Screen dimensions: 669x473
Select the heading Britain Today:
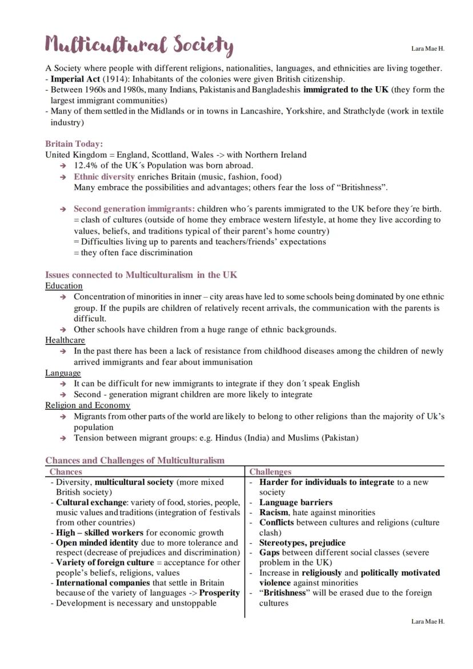74,144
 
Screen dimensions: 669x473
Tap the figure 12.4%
86,166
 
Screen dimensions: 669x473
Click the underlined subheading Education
64,286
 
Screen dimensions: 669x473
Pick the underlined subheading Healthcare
65,340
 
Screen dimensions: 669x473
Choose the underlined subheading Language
63,373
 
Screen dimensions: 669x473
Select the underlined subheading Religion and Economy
87,406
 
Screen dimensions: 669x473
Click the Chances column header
66,472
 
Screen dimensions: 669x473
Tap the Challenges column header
270,472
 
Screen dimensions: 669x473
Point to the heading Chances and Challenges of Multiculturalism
135,460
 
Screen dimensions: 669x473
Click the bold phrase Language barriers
295,503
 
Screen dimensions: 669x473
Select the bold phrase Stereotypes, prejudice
302,543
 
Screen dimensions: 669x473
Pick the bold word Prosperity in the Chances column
219,593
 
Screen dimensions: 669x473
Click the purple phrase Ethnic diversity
104,177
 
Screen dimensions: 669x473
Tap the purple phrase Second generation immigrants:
134,209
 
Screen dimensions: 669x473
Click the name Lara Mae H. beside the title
427,49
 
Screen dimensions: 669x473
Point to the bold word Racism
274,512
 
